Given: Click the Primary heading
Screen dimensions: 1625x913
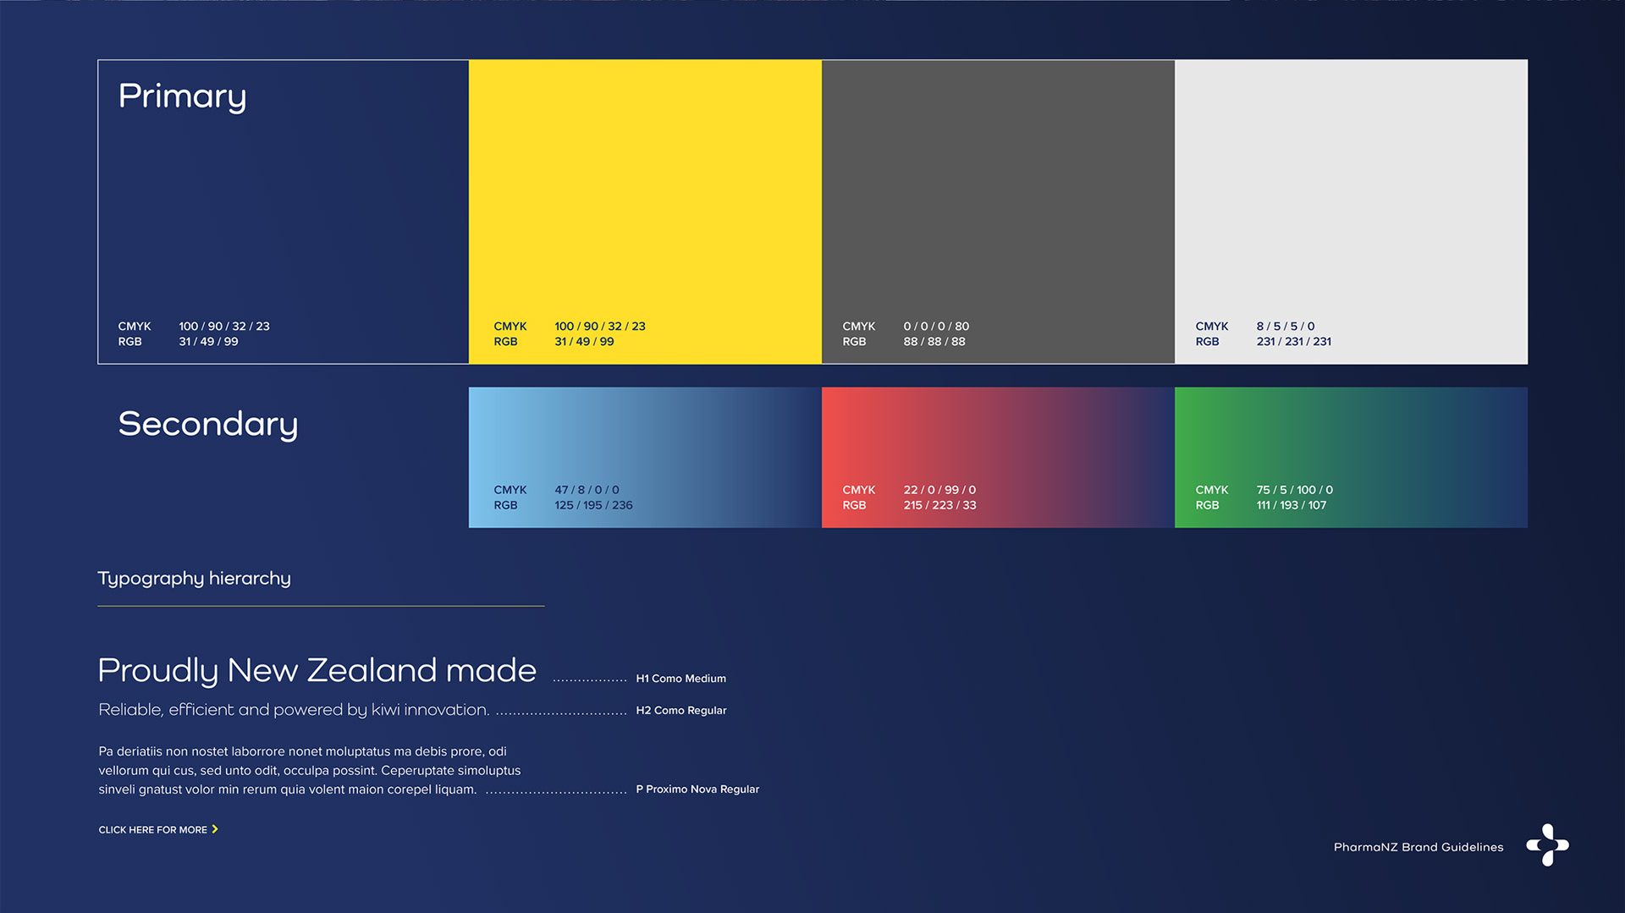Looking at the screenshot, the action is (x=182, y=96).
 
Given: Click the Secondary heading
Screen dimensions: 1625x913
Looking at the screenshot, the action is (x=208, y=424).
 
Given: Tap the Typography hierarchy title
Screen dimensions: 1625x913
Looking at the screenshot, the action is (x=194, y=579).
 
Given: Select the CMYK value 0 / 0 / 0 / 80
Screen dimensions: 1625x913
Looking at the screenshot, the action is (x=936, y=326).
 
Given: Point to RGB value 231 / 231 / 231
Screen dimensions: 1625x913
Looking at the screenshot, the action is (x=1293, y=342).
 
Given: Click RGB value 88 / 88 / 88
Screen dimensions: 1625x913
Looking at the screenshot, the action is (x=934, y=342).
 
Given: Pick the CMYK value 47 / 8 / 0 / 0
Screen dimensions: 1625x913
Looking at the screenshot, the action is (x=587, y=490).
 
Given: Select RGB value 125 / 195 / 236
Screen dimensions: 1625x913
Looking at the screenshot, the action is (x=593, y=505).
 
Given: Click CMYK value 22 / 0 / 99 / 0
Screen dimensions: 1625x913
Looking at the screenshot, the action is (x=939, y=490).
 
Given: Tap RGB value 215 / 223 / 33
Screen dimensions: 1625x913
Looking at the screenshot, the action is (x=939, y=505).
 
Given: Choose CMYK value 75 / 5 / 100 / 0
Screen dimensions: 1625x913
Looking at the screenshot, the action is (x=1294, y=490).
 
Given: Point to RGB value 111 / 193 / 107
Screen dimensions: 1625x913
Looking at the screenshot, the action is (x=1291, y=505).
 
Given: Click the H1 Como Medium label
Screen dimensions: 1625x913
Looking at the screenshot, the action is (x=680, y=679).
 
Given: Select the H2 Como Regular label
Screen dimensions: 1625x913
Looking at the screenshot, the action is (x=681, y=711).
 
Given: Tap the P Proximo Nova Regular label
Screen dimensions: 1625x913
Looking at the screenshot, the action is (x=697, y=789).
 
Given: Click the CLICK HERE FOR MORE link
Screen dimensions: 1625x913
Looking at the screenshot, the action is (x=152, y=830).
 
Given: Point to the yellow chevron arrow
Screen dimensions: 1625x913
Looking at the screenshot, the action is (x=215, y=829).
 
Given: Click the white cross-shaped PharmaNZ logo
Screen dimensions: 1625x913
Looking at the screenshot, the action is (x=1547, y=845).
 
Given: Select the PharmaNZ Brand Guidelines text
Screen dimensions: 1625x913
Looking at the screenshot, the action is (x=1418, y=847).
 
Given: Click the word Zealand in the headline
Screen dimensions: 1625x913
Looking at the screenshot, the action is (x=372, y=671).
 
